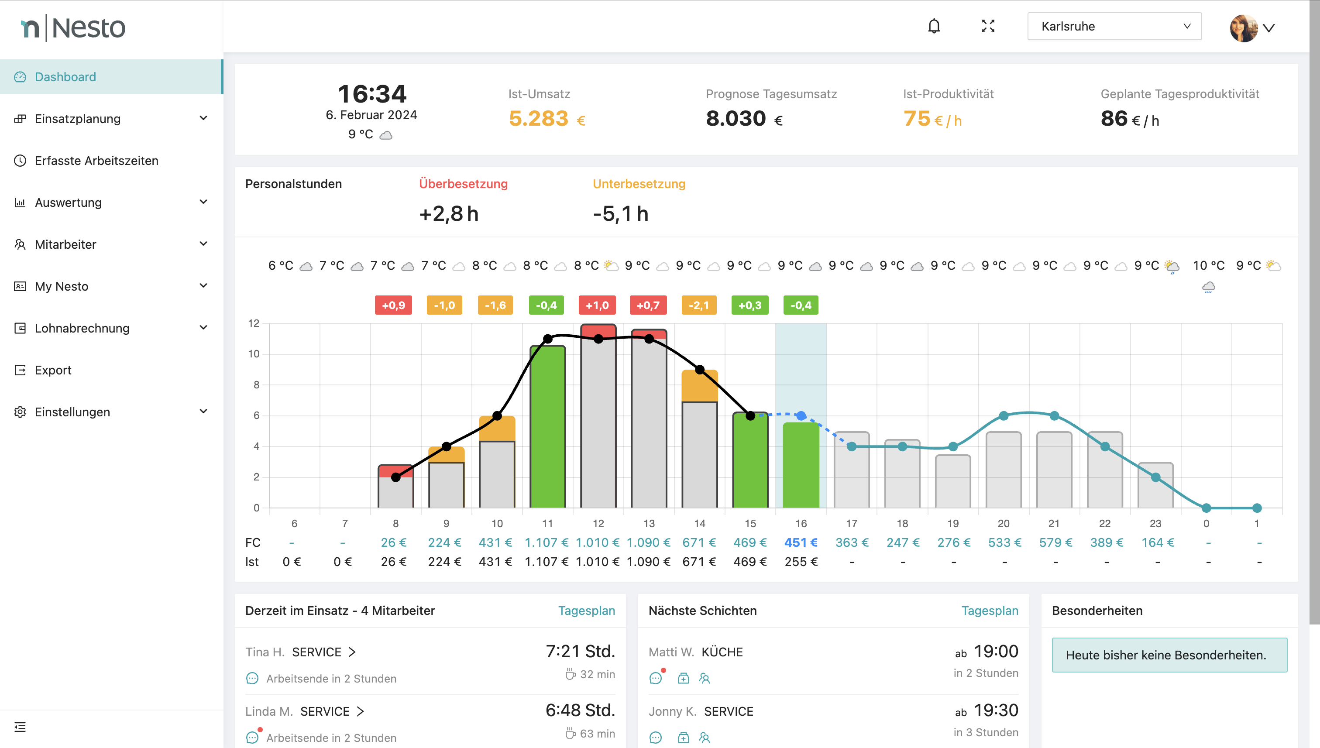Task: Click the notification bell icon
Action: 934,26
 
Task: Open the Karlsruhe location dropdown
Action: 1114,26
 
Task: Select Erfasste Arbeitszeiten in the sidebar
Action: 96,161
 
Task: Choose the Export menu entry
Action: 53,370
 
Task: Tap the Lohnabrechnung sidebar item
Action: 82,328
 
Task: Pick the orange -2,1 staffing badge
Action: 698,305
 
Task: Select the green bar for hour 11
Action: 547,426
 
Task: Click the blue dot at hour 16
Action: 801,415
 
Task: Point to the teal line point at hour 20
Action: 1003,415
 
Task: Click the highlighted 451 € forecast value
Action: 801,542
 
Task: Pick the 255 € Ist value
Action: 801,562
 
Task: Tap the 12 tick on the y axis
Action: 254,323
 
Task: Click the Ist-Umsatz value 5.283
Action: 539,119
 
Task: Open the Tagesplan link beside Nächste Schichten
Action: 989,611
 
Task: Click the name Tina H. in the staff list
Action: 265,652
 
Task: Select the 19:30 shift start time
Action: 996,710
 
